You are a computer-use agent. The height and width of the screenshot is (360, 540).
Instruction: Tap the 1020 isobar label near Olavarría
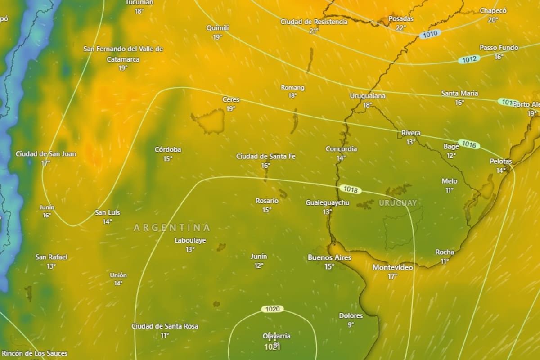click(273, 309)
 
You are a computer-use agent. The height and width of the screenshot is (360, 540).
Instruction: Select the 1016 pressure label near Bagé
click(469, 145)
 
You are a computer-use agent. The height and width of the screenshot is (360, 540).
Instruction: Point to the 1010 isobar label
click(430, 34)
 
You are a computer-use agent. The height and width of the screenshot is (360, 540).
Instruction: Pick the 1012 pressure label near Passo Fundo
click(469, 59)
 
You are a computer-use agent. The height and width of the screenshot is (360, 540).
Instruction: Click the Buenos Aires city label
click(329, 257)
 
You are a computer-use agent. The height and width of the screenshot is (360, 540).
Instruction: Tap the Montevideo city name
click(393, 267)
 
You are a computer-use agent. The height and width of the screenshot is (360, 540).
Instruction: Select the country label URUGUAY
click(398, 203)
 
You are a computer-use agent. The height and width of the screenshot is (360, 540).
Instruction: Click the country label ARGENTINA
click(172, 228)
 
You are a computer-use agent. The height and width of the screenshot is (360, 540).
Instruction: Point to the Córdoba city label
click(168, 149)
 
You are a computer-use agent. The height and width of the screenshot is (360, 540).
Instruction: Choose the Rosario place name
click(267, 201)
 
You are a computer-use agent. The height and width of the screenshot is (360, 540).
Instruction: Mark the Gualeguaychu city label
click(327, 203)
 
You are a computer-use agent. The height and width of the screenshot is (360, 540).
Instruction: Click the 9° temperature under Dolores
click(351, 324)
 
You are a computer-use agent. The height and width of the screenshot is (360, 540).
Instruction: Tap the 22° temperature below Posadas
click(401, 27)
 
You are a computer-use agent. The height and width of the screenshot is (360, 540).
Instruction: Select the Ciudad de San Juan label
click(46, 154)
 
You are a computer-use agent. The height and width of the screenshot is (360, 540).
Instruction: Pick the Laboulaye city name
click(190, 240)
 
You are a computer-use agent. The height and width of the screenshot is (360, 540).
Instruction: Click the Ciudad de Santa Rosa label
click(165, 326)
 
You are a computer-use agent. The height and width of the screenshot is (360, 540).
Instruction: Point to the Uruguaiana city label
click(368, 96)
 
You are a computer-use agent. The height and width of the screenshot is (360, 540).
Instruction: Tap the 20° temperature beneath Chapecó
click(493, 19)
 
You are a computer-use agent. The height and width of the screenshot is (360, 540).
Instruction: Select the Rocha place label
click(445, 252)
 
